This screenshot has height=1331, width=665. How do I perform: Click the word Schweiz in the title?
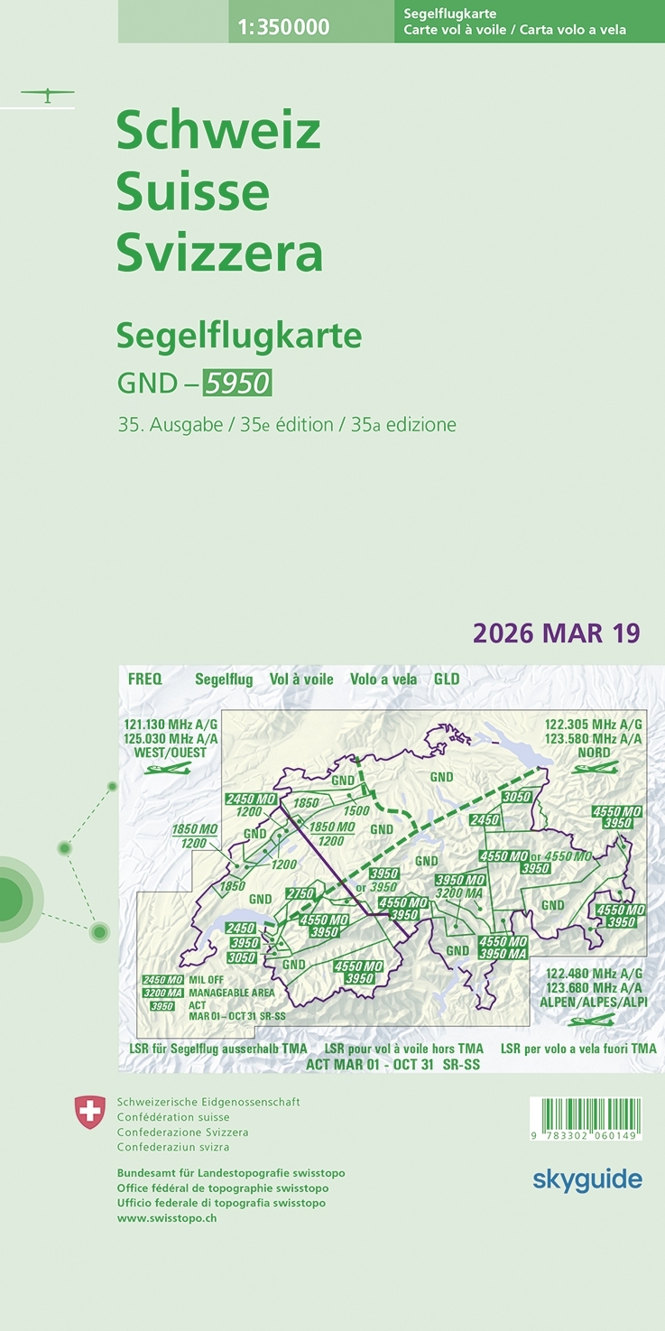tap(218, 132)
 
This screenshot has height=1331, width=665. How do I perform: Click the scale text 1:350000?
tap(283, 28)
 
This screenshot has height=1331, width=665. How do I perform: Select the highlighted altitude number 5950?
tap(236, 384)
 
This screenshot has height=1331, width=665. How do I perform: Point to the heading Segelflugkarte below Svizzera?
tap(239, 336)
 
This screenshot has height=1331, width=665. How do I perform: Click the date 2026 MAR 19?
tap(556, 633)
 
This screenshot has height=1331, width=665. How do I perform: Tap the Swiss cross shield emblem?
tap(89, 1112)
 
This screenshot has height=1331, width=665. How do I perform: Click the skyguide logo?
tap(587, 1179)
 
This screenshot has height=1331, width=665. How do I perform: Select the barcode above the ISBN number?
tap(586, 1112)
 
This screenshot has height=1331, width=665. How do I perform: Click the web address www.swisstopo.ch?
tap(167, 1217)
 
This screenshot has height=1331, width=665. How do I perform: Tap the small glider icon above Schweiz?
tap(48, 94)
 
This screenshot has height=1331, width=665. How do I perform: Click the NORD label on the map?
tap(594, 753)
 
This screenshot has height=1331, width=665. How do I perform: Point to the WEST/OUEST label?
tap(171, 753)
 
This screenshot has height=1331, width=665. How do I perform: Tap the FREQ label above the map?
tap(145, 679)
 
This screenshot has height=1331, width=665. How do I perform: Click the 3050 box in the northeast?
tap(516, 797)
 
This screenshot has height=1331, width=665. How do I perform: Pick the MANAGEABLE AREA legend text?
tap(231, 993)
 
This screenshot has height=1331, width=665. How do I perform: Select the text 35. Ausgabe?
tap(170, 425)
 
